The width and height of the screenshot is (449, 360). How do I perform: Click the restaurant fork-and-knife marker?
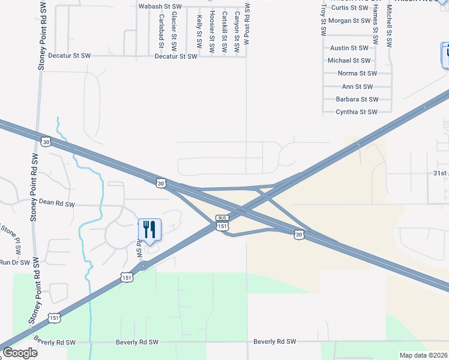pyautogui.click(x=149, y=229)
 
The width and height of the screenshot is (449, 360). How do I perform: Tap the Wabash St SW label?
pyautogui.click(x=160, y=6)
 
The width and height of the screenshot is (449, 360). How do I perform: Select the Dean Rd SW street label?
pyautogui.click(x=56, y=204)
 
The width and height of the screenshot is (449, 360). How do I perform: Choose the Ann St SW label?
pyautogui.click(x=357, y=86)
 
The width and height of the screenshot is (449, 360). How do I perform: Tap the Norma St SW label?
pyautogui.click(x=357, y=73)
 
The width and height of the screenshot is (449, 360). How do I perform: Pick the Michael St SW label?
pyautogui.click(x=349, y=61)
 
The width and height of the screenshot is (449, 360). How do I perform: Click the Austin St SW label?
pyautogui.click(x=349, y=47)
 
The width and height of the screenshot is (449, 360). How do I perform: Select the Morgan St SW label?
pyautogui.click(x=348, y=20)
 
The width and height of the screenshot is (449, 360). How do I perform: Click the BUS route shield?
pyautogui.click(x=222, y=218)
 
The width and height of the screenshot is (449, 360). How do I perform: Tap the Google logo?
pyautogui.click(x=20, y=353)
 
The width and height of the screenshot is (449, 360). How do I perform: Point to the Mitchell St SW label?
pyautogui.click(x=389, y=27)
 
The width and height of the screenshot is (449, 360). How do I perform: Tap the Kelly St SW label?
pyautogui.click(x=199, y=32)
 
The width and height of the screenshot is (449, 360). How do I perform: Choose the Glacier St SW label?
pyautogui.click(x=174, y=31)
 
